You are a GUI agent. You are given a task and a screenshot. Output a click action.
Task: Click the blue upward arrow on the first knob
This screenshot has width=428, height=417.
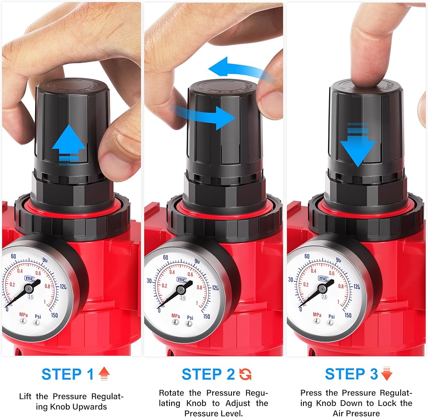(69, 145)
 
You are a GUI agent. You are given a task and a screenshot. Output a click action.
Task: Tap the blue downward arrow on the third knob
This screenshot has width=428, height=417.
(358, 145)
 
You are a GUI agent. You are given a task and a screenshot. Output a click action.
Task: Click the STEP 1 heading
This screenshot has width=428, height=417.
(68, 375)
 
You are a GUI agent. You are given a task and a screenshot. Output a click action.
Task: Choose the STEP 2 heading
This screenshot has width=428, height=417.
(208, 375)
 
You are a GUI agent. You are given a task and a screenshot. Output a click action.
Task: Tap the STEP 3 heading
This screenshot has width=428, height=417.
(351, 374)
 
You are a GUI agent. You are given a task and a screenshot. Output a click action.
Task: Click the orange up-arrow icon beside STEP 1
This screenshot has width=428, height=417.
(104, 374)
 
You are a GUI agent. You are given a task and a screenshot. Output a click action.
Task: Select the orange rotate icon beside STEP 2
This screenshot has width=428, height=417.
(245, 375)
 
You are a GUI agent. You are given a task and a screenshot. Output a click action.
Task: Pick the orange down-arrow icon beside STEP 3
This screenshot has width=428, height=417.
(387, 374)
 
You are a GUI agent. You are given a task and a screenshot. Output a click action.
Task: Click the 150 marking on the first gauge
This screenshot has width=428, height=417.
(54, 315)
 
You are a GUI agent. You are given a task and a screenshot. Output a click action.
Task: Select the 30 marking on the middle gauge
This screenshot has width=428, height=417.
(149, 281)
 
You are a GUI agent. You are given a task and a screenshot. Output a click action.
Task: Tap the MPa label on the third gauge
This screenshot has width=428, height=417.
(317, 315)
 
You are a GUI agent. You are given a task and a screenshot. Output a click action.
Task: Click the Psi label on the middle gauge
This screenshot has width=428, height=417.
(190, 318)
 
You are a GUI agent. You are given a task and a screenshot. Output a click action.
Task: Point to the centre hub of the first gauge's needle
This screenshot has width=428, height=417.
(28, 288)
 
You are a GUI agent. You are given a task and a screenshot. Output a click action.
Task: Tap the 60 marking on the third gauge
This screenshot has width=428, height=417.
(307, 256)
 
